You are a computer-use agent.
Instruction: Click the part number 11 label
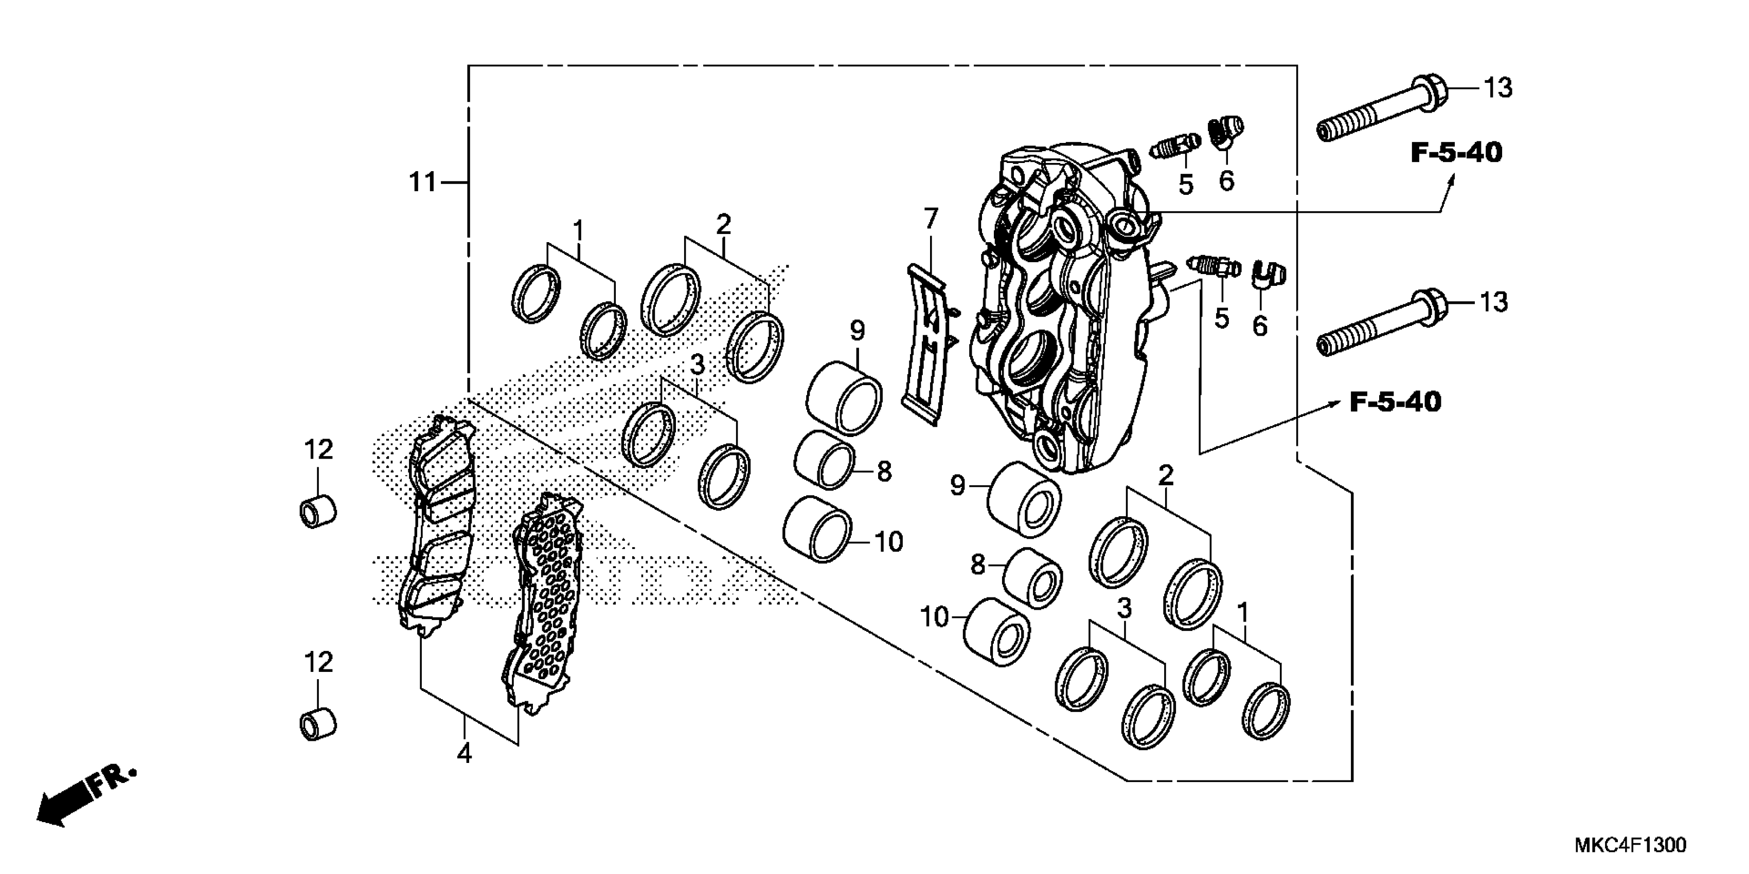[x=422, y=183]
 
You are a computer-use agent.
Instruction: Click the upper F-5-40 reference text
[x=1456, y=153]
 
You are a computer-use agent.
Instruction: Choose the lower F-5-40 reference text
[x=1395, y=403]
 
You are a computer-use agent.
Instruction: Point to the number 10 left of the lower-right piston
[x=934, y=617]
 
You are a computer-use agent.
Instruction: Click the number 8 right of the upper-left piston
[x=883, y=471]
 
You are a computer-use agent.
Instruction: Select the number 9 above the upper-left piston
[x=857, y=331]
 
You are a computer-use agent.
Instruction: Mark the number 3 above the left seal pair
[x=698, y=365]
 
